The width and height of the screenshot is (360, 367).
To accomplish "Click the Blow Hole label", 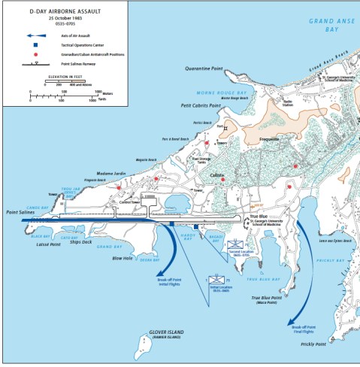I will (x=122, y=258).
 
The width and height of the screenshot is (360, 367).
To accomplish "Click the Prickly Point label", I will (x=313, y=344).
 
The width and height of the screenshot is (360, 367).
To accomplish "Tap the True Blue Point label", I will (x=266, y=298).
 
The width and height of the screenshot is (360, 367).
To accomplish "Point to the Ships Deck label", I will (x=80, y=242).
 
